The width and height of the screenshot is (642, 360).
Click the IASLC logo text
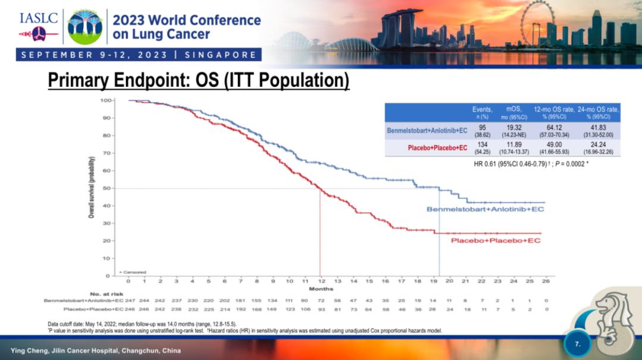[x=39, y=18]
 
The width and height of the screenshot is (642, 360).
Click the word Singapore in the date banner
[x=221, y=55]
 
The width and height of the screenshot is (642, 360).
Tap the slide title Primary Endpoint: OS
[x=198, y=80]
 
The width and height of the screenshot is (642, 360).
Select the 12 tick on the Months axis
[x=321, y=281]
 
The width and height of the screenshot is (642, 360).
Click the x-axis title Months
[x=321, y=289]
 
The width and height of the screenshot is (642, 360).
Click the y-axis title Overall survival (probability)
[x=92, y=188]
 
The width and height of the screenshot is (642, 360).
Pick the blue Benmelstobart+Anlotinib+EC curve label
[x=485, y=209]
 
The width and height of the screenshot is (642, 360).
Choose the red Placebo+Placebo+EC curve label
[x=496, y=241]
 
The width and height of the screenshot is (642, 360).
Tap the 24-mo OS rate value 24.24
[x=598, y=144]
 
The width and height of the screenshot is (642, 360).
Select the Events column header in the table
[x=481, y=109]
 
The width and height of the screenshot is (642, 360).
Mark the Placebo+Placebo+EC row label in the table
[x=438, y=147]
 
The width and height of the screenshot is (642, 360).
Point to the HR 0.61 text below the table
[x=531, y=163]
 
